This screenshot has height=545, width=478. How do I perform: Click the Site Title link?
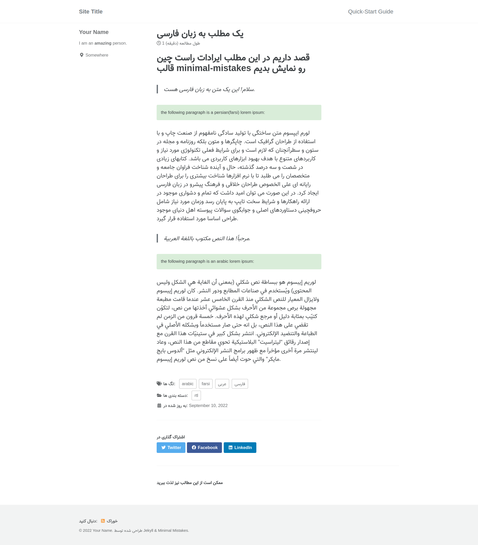click(90, 12)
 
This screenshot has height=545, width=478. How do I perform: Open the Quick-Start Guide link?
click(370, 12)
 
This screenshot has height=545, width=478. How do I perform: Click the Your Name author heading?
click(94, 32)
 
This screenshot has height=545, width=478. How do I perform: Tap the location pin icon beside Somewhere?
click(82, 55)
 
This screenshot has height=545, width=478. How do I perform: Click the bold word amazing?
click(103, 43)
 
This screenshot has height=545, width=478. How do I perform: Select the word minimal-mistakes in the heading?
click(213, 68)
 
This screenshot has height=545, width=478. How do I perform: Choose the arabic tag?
click(188, 384)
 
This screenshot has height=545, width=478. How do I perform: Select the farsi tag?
click(205, 384)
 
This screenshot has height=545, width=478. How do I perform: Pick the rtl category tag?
click(196, 395)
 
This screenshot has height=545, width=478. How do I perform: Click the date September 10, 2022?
click(208, 405)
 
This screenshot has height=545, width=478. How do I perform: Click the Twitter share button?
click(171, 447)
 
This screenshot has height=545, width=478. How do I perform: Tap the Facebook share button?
click(204, 447)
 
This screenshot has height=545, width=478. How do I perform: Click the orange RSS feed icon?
click(103, 521)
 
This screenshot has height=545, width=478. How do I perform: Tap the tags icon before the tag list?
click(159, 384)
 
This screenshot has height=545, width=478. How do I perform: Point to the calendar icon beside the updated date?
click(159, 405)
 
